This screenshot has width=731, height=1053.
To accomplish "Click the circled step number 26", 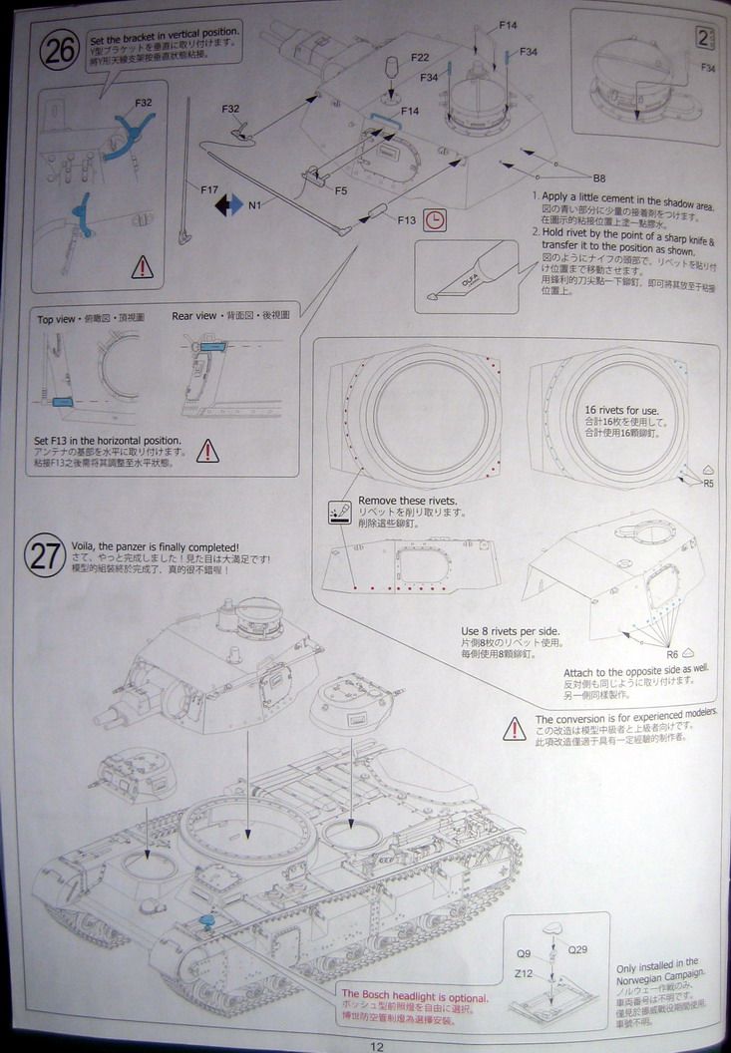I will point(61,49).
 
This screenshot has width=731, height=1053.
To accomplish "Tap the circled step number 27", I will point(45,556).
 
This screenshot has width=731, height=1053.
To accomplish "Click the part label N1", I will point(254,205).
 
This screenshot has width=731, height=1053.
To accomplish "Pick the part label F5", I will point(340,190).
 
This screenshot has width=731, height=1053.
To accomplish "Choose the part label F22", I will point(419,57).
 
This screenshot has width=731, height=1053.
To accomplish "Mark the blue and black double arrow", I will point(229,205).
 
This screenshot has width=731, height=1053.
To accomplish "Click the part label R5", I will point(708,483).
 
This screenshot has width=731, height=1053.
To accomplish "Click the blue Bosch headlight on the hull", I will point(207,921).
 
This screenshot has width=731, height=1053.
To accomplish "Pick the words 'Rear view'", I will point(193,315).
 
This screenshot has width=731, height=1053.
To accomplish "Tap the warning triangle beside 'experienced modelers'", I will point(514,729).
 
